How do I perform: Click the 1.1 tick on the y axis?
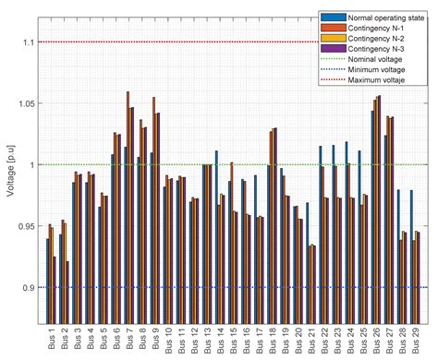click(30, 42)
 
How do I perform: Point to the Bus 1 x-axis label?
click(51, 337)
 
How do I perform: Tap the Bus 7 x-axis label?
click(129, 337)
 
